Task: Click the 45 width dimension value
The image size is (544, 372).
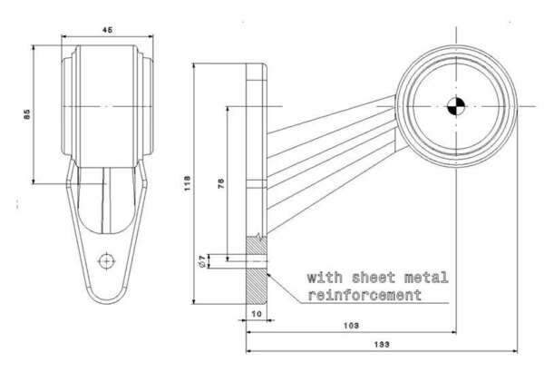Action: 107,30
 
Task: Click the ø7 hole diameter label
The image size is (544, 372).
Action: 201,262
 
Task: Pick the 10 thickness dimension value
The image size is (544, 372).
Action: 257,313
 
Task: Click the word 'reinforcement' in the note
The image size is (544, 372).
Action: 366,296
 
